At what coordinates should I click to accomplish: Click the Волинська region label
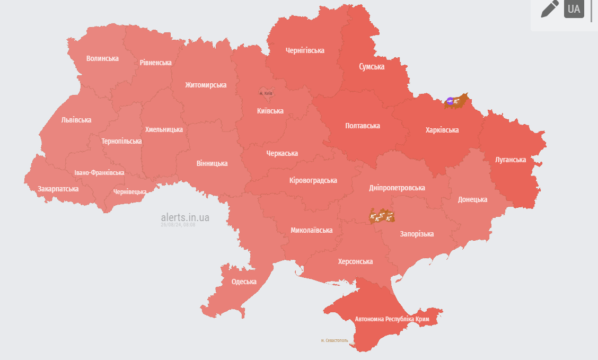(102, 58)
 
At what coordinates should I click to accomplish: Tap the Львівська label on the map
(76, 120)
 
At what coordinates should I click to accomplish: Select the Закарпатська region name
(58, 189)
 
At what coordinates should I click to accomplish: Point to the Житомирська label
(206, 85)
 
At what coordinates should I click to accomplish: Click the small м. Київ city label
(266, 93)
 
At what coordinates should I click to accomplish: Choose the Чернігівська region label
(305, 50)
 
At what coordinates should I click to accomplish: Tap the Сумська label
(372, 67)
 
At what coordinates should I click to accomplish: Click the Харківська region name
(442, 130)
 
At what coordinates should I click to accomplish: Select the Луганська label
(511, 160)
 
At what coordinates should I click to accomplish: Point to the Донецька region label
(472, 199)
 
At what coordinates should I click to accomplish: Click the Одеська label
(244, 282)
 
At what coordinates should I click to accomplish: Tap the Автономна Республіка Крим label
(392, 319)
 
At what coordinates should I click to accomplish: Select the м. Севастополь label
(335, 340)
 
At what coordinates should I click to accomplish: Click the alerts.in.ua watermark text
(185, 217)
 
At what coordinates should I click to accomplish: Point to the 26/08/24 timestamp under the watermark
(178, 225)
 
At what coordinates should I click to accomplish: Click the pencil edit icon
(550, 9)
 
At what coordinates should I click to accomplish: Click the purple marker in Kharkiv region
(450, 100)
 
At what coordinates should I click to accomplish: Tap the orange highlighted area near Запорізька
(382, 216)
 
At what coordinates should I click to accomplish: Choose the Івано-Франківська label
(99, 173)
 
